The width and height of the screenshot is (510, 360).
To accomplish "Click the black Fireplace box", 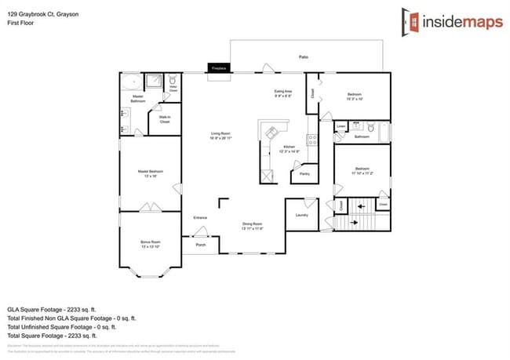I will (x=219, y=69).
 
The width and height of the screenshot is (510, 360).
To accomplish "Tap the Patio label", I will (x=303, y=57).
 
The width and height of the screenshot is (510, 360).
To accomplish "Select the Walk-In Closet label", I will (x=165, y=120).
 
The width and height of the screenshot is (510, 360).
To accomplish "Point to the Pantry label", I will (x=304, y=173).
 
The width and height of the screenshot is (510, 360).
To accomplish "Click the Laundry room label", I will (x=301, y=214).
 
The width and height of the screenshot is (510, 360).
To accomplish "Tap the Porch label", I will (x=201, y=245).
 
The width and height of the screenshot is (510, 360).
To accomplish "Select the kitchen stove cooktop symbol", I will (x=311, y=140).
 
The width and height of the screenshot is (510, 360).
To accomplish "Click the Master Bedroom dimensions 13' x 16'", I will (x=151, y=176).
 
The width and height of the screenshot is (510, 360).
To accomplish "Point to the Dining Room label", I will (x=253, y=225).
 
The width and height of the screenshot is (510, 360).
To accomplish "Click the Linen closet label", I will (x=341, y=125).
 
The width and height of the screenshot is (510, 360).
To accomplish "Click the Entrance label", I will (x=201, y=217).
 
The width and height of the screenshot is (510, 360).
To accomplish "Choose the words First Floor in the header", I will (x=20, y=24).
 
